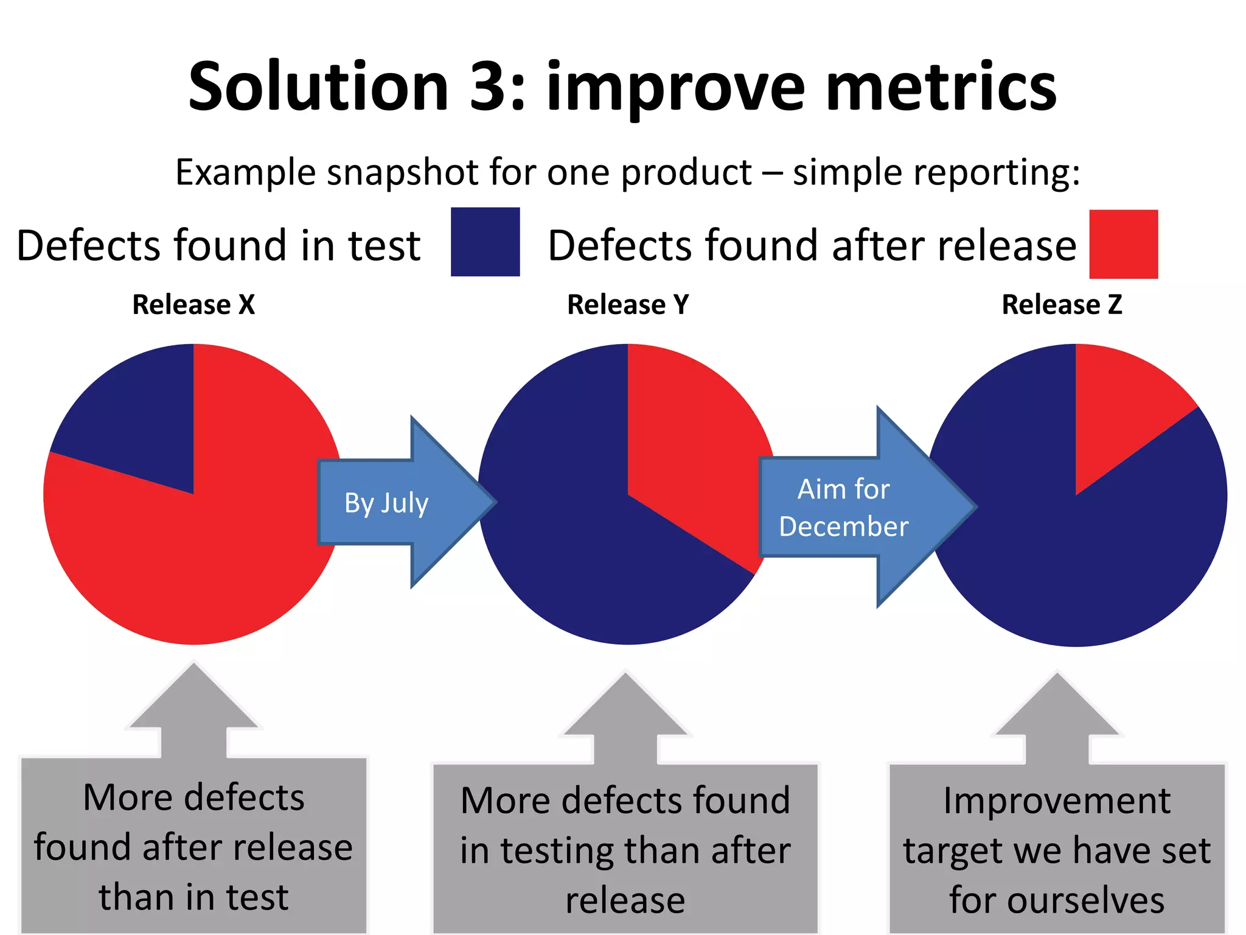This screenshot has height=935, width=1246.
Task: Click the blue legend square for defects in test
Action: (485, 242)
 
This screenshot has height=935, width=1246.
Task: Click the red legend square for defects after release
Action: (1123, 244)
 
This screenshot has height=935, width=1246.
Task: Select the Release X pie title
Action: (193, 304)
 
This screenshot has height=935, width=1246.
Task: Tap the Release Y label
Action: (628, 304)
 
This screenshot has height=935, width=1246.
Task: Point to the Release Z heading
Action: (1062, 304)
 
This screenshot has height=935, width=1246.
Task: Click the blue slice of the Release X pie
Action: (140, 420)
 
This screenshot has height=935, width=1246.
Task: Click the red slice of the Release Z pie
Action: (1113, 408)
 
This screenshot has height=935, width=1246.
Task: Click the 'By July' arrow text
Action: (386, 503)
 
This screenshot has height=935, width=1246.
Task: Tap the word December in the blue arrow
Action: (844, 527)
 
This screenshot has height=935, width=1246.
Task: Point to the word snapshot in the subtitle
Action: (404, 172)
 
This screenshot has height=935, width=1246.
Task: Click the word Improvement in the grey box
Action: (1057, 800)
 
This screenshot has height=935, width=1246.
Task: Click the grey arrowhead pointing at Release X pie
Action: (193, 700)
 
